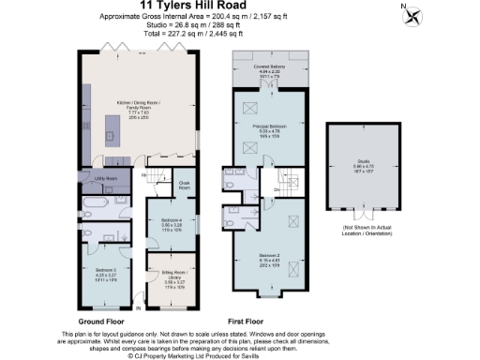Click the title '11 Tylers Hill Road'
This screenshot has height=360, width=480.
point(239,7)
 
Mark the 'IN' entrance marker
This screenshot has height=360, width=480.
point(139,307)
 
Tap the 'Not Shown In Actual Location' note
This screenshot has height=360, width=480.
point(365,230)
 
